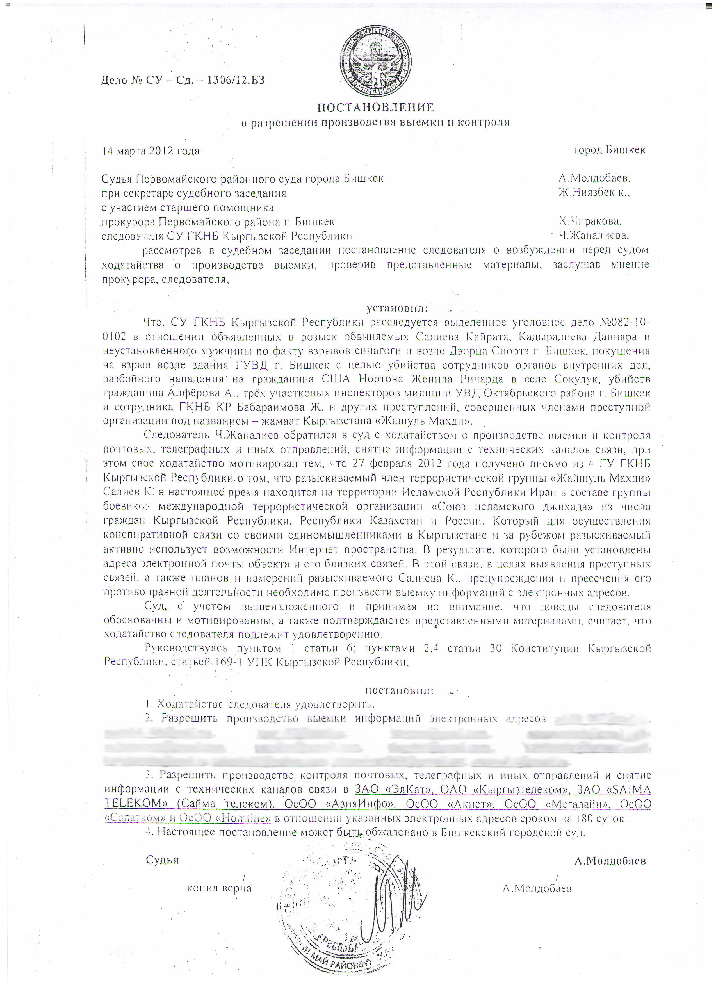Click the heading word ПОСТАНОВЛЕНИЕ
click(376, 107)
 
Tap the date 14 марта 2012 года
click(150, 151)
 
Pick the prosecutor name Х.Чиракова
click(590, 221)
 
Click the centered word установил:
click(397, 308)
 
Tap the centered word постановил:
click(399, 690)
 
